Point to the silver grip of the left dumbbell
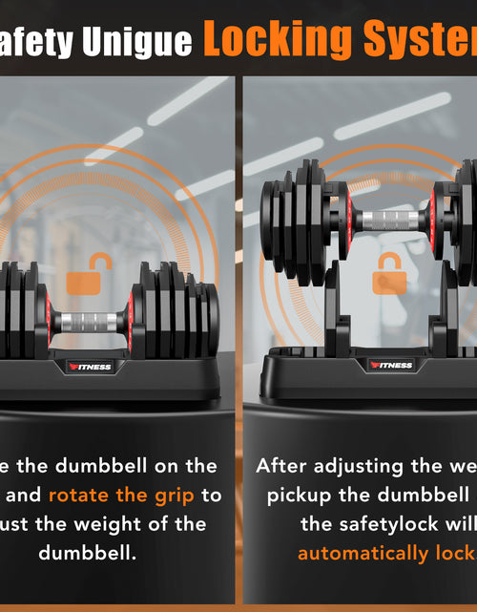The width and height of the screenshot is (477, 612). pos(87,322)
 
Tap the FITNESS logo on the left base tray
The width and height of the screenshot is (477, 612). pos(89,367)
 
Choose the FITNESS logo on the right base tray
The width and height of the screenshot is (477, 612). pos(391,365)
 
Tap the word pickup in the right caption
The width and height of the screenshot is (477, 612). pos(298,495)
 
